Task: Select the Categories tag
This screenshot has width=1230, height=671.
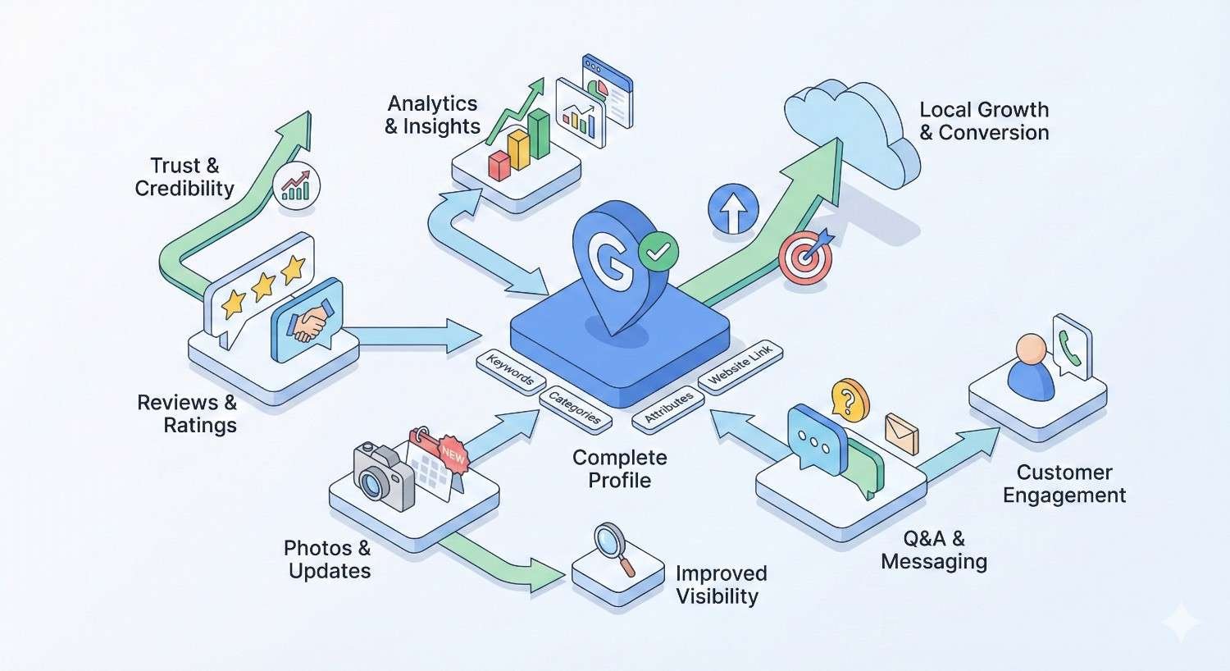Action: [576, 408]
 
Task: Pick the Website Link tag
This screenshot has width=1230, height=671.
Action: [740, 366]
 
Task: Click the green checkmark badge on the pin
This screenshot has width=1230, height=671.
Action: [657, 251]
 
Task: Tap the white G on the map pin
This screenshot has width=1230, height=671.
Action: [608, 261]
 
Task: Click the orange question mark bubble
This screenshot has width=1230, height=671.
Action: [850, 399]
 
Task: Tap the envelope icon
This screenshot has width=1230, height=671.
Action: [901, 433]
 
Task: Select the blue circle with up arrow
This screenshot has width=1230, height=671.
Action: [732, 209]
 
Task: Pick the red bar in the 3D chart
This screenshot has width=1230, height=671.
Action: [499, 164]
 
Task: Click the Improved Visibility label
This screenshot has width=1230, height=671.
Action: [721, 585]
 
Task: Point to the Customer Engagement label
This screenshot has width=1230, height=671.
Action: [1064, 484]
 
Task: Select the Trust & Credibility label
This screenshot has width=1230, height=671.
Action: [184, 177]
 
